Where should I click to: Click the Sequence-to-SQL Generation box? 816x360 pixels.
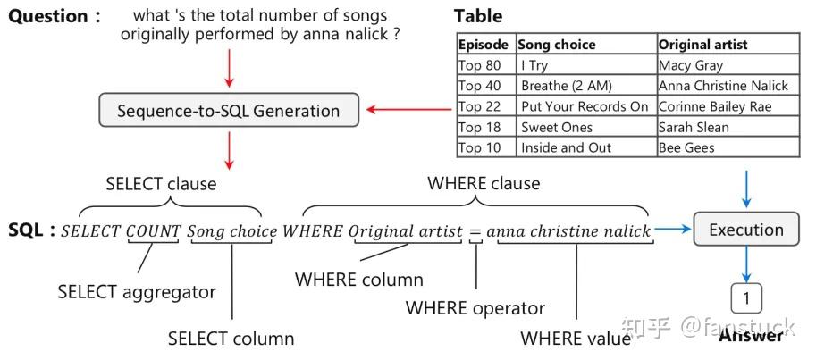click(229, 110)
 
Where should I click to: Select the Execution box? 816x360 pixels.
click(745, 229)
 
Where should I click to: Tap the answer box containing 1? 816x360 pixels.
click(746, 298)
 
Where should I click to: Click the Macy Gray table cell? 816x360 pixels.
click(728, 65)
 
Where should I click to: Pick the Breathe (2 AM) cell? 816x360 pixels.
click(587, 86)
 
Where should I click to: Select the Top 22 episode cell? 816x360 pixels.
click(486, 106)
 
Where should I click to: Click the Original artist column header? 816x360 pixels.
click(728, 45)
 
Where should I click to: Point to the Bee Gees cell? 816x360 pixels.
click(728, 147)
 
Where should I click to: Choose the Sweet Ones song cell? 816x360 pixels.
click(587, 127)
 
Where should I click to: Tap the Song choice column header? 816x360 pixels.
click(587, 45)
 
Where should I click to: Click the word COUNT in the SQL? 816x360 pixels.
click(154, 231)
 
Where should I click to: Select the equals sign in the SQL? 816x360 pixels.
click(475, 232)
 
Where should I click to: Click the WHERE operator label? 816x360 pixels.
click(475, 308)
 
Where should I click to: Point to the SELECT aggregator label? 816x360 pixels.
click(137, 292)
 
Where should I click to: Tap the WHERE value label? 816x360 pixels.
click(575, 339)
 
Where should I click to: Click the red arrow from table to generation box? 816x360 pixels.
click(409, 109)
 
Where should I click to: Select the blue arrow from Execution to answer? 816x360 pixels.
click(747, 264)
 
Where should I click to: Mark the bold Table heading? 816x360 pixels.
click(478, 16)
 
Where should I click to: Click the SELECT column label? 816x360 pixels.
click(231, 339)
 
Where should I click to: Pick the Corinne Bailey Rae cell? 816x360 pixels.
click(728, 106)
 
